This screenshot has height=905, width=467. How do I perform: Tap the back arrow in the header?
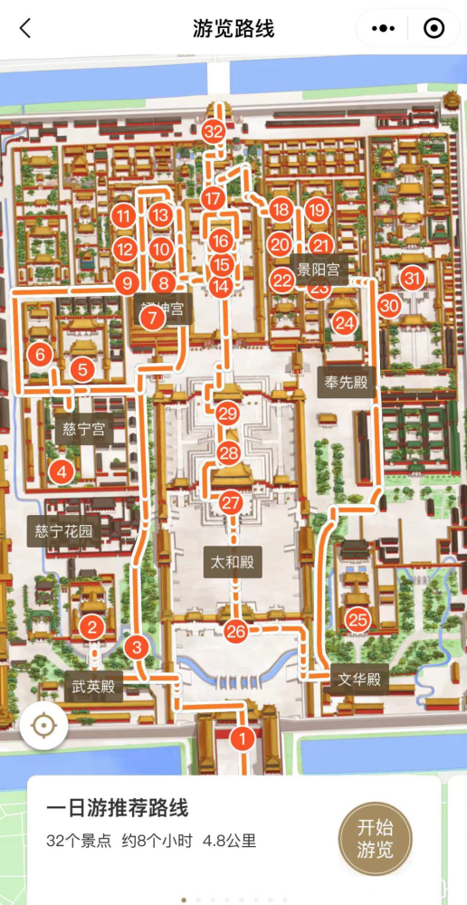[x=25, y=28]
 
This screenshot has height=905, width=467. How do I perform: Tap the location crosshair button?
[x=43, y=726]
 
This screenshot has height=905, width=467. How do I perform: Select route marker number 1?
[x=242, y=738]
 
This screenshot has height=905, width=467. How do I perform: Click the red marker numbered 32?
[x=214, y=132]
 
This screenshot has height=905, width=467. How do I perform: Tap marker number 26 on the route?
[x=236, y=632]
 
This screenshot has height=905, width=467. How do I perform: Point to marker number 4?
[x=62, y=472]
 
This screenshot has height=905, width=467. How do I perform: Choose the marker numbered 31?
[x=413, y=279]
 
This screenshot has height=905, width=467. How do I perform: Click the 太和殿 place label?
[x=233, y=563]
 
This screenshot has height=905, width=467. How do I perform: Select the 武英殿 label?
[x=94, y=687]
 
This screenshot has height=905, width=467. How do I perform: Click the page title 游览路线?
[x=233, y=28]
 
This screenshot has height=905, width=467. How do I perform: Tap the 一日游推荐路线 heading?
[x=117, y=808]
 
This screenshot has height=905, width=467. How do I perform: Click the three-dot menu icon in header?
[x=386, y=28]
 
